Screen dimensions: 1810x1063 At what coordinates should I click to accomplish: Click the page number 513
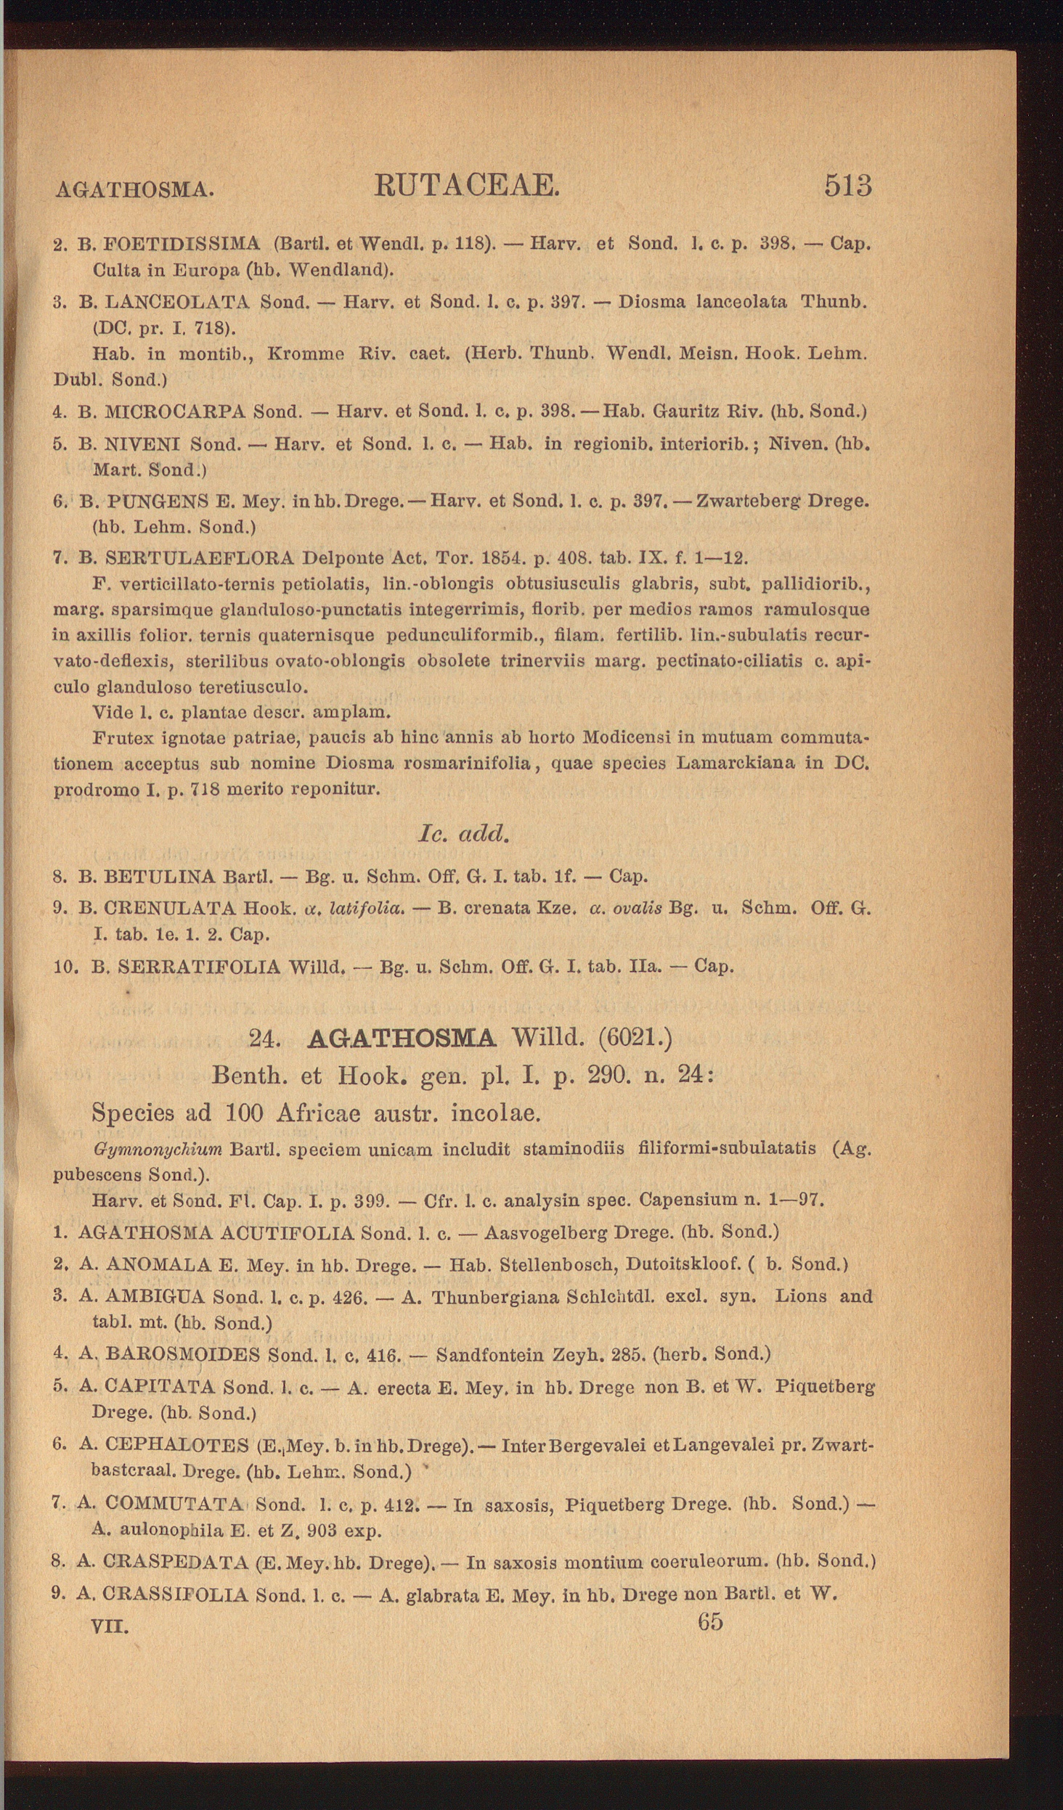[847, 187]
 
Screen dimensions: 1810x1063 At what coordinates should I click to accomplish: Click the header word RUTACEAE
[467, 186]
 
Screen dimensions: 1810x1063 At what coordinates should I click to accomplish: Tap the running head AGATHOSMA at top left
[134, 190]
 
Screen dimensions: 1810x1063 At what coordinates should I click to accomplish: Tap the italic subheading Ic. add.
[464, 834]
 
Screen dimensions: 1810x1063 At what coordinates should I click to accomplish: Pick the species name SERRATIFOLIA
[198, 967]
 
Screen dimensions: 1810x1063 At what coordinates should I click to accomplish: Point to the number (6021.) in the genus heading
[635, 1038]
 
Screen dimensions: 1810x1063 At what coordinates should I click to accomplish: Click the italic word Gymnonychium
[158, 1149]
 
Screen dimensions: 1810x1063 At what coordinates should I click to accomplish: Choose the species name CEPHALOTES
[176, 1445]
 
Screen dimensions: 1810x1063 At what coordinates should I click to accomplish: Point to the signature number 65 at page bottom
[710, 1621]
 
